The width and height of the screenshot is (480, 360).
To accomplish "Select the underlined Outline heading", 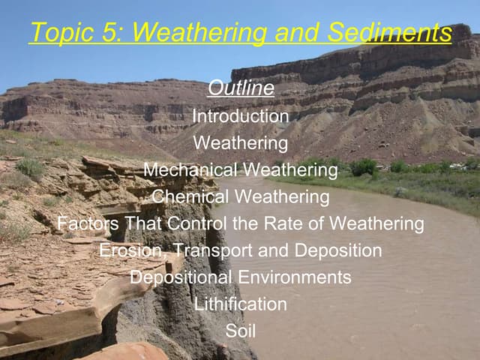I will click(240, 88).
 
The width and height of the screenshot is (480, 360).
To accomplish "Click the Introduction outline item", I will click(240, 116).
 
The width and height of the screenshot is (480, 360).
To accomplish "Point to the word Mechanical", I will click(189, 170).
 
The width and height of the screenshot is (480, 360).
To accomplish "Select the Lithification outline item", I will click(240, 304).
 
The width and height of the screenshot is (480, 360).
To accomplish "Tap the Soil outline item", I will click(240, 331).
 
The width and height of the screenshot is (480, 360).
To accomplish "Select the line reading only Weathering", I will click(240, 142).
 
